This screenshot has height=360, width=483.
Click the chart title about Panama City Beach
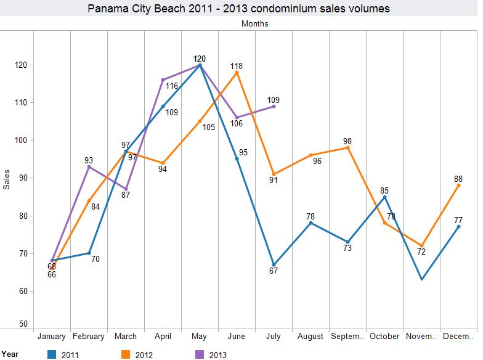click(x=238, y=9)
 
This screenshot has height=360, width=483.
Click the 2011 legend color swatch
click(x=52, y=354)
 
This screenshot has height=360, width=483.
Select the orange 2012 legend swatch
click(x=128, y=354)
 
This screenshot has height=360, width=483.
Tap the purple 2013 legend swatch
click(x=200, y=354)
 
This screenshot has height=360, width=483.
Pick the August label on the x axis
click(x=310, y=337)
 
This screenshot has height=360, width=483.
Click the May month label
click(x=200, y=337)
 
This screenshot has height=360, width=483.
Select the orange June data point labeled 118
click(x=237, y=73)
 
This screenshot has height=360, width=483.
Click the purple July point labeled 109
click(x=274, y=106)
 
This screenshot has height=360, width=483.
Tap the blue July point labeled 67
click(x=274, y=264)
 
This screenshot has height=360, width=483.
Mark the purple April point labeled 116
click(x=163, y=80)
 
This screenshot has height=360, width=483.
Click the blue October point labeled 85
click(x=384, y=197)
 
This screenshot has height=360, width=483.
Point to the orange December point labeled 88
click(x=458, y=186)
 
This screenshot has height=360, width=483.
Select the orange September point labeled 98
click(x=347, y=148)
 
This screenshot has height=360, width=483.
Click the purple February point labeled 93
click(x=89, y=166)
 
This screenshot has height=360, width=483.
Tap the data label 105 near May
click(x=209, y=127)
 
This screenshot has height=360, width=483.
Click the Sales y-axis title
click(x=7, y=178)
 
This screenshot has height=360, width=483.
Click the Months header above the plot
click(x=255, y=24)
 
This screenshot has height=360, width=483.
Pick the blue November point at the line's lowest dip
click(x=421, y=279)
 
